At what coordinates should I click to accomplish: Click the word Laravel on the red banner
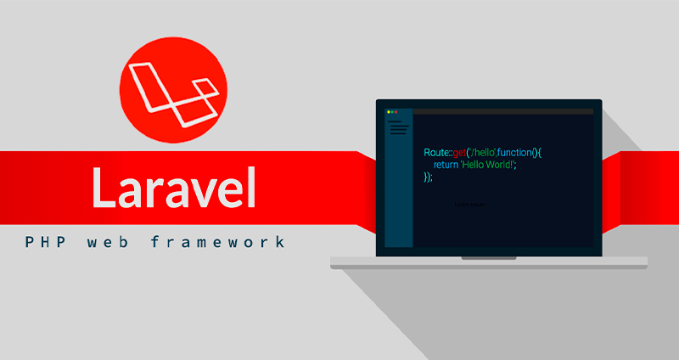(x=174, y=188)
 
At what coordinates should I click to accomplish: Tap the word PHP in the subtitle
(x=41, y=242)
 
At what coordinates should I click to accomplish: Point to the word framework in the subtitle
(x=218, y=242)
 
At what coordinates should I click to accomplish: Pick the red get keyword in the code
(x=460, y=153)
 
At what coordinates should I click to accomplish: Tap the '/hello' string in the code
(x=481, y=152)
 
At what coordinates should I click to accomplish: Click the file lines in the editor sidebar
(x=398, y=128)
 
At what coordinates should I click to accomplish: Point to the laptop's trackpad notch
(x=488, y=257)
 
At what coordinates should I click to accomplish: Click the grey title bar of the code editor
(x=501, y=112)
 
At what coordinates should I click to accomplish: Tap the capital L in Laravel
(x=104, y=188)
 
